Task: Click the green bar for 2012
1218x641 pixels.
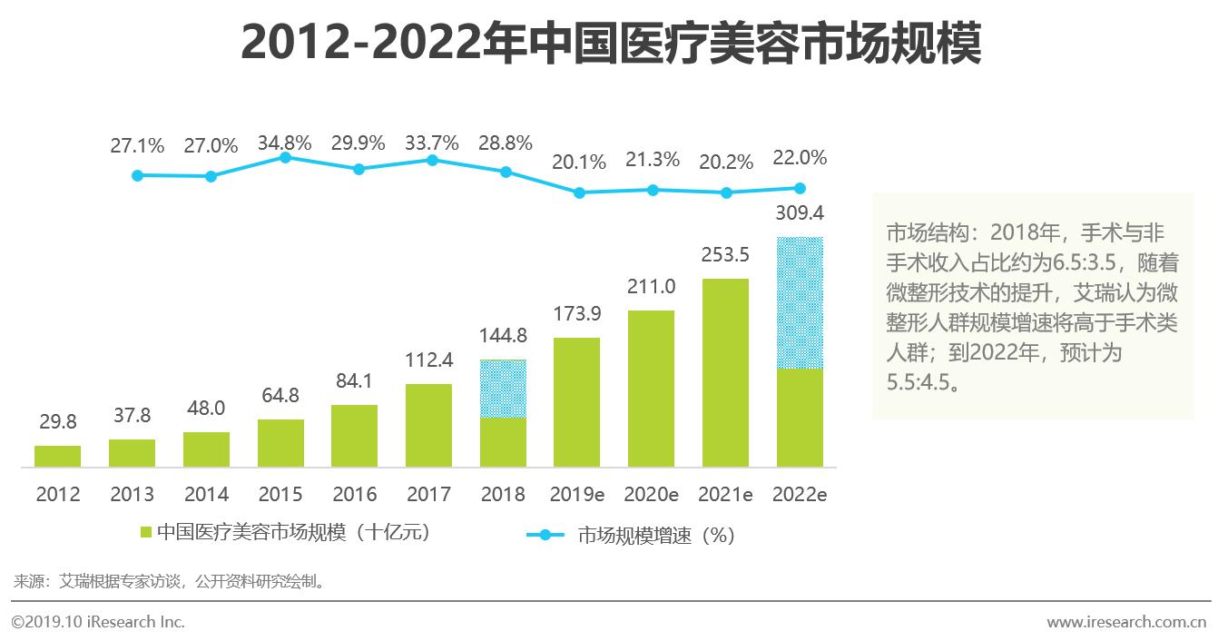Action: tap(57, 457)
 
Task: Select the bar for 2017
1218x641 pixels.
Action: tap(429, 426)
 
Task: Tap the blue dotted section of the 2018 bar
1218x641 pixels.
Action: tap(503, 389)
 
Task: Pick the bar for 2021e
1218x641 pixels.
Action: tap(725, 373)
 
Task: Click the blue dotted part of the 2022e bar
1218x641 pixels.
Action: tap(800, 303)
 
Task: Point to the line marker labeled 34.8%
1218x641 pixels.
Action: tap(285, 157)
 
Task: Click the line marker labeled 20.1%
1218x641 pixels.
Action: tap(579, 192)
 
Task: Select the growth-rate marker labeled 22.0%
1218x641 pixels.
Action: tap(800, 189)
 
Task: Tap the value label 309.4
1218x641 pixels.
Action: tap(800, 213)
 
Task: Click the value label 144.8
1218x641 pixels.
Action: tap(503, 336)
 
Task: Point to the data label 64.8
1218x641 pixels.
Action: tap(280, 396)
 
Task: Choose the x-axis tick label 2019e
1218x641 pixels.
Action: tap(577, 495)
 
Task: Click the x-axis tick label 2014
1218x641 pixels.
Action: tap(206, 495)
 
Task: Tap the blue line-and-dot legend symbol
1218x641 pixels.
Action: tap(545, 535)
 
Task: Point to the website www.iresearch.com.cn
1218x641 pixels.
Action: tap(1125, 623)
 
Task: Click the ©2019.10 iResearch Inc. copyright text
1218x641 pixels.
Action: tap(98, 623)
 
